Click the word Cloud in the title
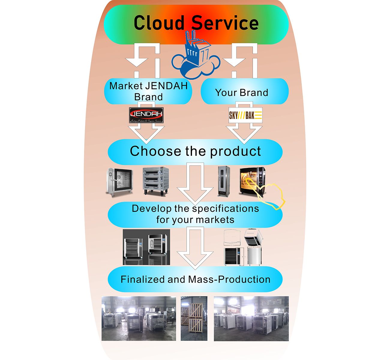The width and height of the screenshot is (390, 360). [x=159, y=23]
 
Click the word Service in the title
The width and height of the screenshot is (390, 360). [x=225, y=23]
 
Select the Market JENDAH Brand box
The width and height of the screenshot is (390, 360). [x=148, y=91]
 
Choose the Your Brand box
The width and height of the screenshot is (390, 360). [x=242, y=92]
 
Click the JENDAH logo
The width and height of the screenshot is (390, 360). [x=146, y=115]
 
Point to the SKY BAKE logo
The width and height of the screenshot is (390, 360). [x=245, y=115]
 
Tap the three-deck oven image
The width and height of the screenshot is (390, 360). [x=155, y=181]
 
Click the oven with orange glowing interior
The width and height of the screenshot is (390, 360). [x=251, y=181]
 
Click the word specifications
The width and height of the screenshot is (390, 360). [x=225, y=208]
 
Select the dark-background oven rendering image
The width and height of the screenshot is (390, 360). [x=146, y=247]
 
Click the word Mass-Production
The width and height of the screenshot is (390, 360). [x=229, y=280]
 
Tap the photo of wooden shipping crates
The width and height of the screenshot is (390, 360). [x=194, y=319]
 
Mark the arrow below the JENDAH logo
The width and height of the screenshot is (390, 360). [x=146, y=133]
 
